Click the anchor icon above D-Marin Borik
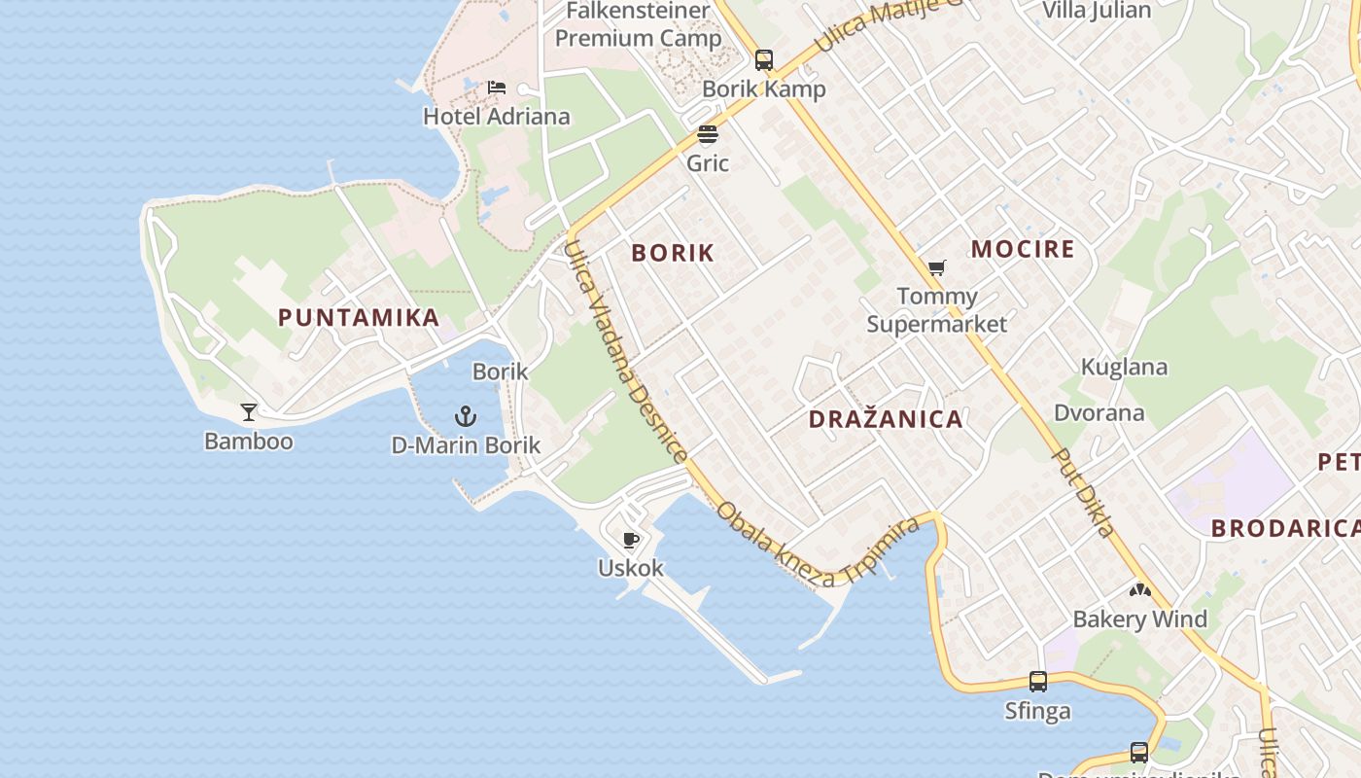point(466,417)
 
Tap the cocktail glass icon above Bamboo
point(249,412)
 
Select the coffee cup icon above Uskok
point(631,539)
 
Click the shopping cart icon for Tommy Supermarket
point(937,267)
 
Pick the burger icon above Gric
point(708,134)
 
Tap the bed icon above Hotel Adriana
point(497,88)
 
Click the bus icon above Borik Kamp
point(764,60)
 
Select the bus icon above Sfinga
point(1038,682)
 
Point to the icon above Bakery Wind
point(1139,590)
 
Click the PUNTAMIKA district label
point(359,318)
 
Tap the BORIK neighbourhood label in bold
point(673,254)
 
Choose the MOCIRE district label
point(1023,249)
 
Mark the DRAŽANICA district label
point(886,420)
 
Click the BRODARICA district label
point(1283,528)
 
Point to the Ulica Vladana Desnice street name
point(626,352)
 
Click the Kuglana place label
point(1125,368)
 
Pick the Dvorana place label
point(1099,413)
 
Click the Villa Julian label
point(1096,11)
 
